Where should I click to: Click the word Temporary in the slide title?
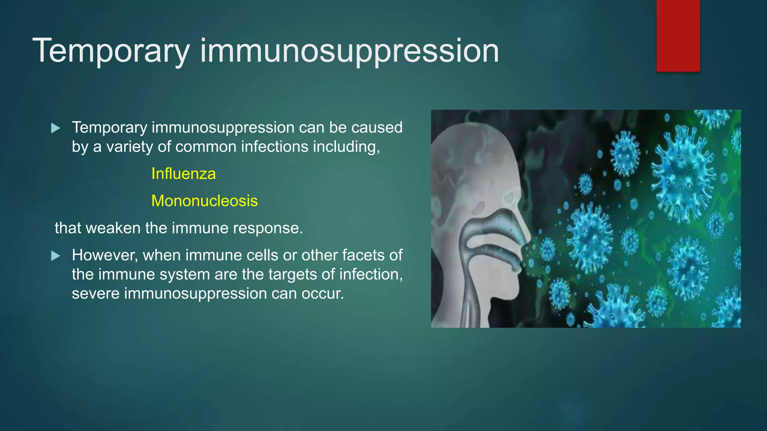coord(111,51)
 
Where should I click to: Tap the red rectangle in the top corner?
coord(678,36)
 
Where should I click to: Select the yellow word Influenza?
coord(184,174)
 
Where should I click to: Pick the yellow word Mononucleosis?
coord(204,201)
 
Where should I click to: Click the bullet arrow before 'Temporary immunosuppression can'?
coord(56,128)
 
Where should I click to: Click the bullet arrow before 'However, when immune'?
coord(56,256)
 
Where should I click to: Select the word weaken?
coord(113,228)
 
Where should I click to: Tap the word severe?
coord(96,294)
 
